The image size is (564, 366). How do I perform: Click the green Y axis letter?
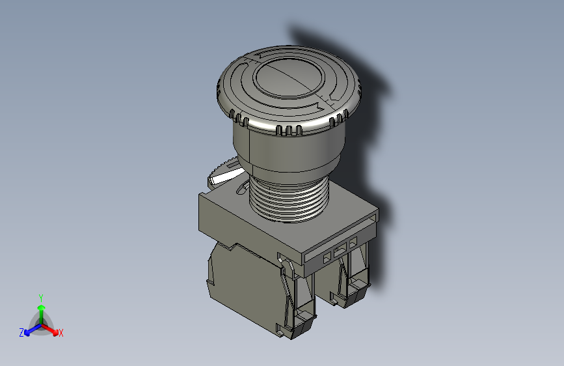pos(40,296)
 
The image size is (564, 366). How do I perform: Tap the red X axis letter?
pos(60,333)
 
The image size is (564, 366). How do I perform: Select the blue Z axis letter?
pos(21,332)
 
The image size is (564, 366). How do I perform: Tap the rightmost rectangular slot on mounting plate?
pos(353,244)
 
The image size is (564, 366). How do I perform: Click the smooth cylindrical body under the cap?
pos(286,153)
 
